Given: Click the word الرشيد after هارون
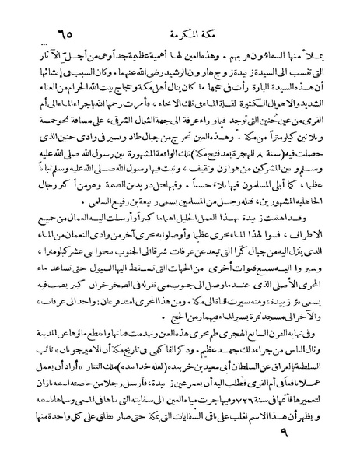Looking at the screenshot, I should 149,78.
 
